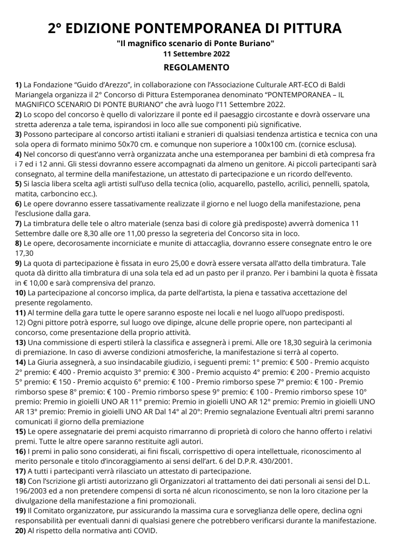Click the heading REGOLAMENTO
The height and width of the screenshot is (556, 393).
[196, 68]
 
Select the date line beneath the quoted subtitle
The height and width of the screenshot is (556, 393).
[196, 54]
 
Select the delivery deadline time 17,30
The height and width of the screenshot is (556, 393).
[24, 252]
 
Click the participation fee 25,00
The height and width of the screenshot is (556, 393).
[163, 263]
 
